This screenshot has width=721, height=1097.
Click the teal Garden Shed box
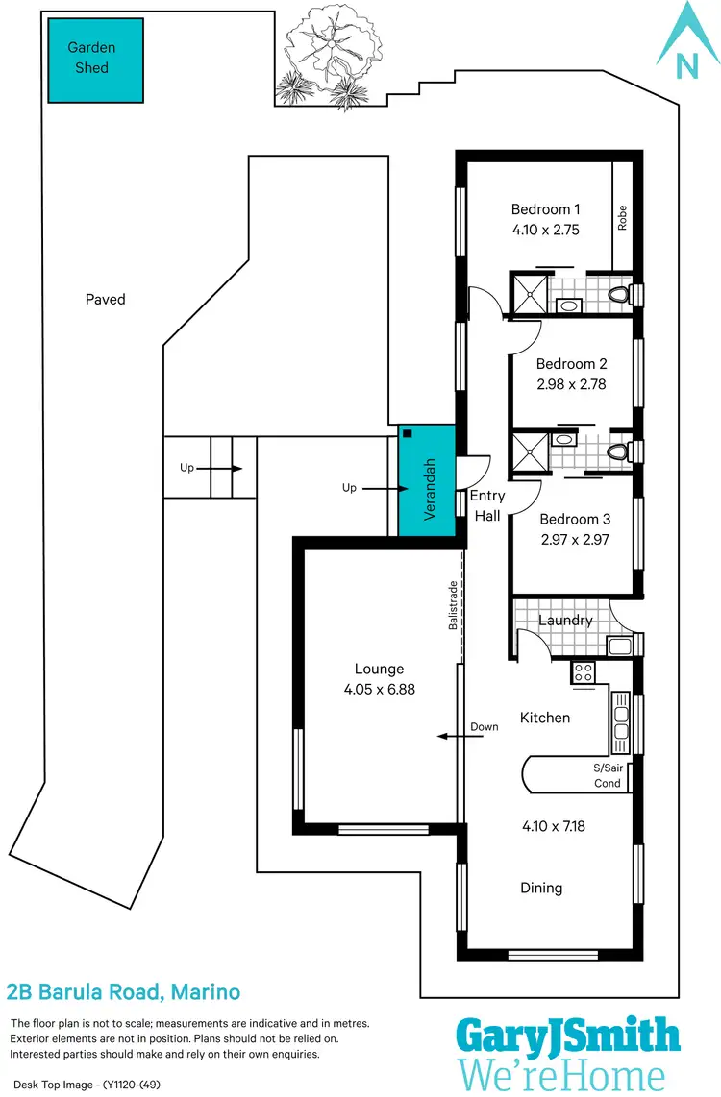(96, 59)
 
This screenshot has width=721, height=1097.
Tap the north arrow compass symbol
(686, 43)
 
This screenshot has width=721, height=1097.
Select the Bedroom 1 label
(545, 209)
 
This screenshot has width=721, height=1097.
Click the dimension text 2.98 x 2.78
(571, 384)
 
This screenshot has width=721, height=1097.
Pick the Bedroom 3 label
(573, 519)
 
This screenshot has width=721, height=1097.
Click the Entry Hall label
(486, 505)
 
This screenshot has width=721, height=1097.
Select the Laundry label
(565, 621)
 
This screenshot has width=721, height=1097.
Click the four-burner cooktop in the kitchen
(584, 672)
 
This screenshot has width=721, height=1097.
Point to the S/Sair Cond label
(607, 775)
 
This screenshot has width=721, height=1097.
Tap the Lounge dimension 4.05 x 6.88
(379, 689)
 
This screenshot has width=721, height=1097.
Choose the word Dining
(541, 888)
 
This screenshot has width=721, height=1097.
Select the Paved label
(105, 299)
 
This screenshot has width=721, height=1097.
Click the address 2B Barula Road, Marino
(123, 991)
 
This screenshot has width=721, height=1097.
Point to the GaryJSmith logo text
(568, 1036)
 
